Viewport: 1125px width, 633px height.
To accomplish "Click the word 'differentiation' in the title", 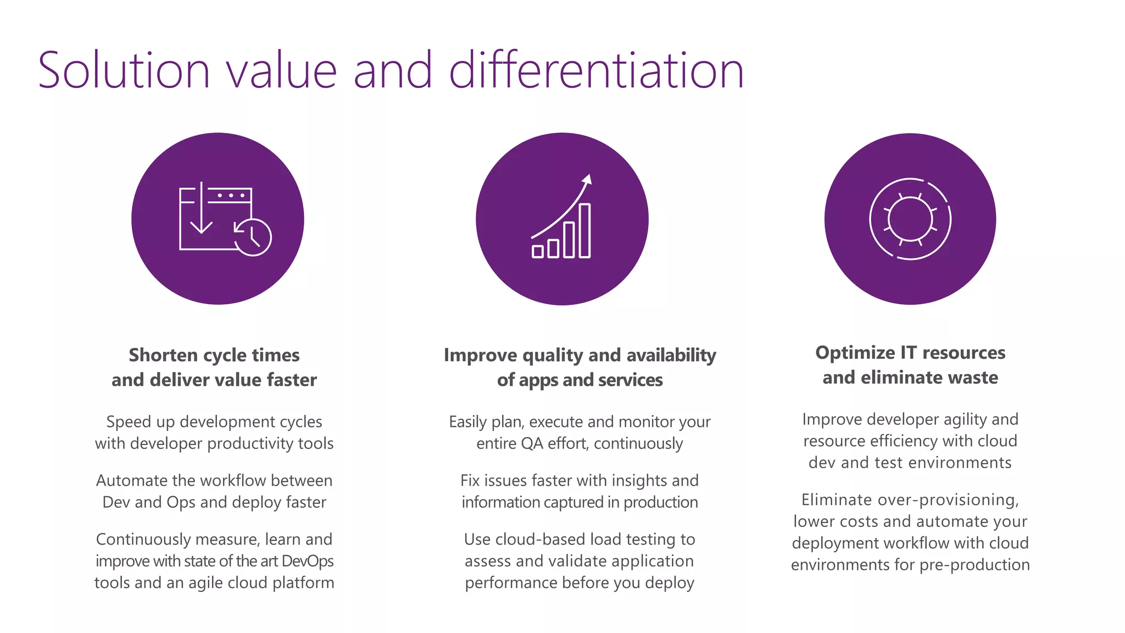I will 596,70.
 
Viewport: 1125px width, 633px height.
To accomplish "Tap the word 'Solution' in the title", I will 124,70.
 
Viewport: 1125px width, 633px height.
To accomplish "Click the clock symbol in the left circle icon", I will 253,237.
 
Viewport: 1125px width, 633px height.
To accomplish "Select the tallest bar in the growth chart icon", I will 584,231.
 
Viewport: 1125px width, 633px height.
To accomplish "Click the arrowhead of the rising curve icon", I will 587,179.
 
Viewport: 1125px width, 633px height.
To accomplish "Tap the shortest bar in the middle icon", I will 538,251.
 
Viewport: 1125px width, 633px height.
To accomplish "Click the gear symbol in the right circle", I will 910,219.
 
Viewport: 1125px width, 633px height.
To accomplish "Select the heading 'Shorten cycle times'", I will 214,355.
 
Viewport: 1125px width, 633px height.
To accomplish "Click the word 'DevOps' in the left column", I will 308,561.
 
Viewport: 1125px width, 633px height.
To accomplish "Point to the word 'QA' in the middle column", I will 532,443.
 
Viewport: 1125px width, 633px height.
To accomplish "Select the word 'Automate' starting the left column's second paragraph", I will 132,481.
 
